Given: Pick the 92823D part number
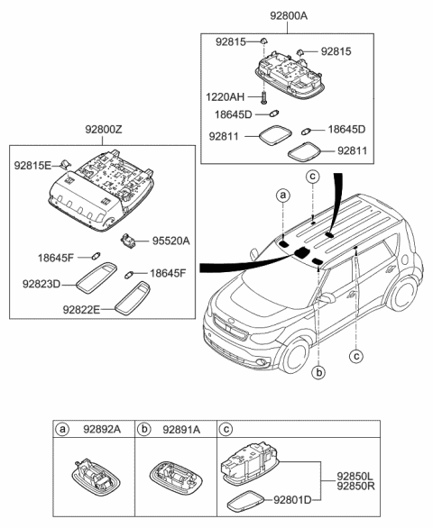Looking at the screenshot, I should tap(41, 284).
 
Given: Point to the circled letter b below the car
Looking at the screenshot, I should tap(319, 371).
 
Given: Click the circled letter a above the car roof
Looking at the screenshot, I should tap(282, 195).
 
